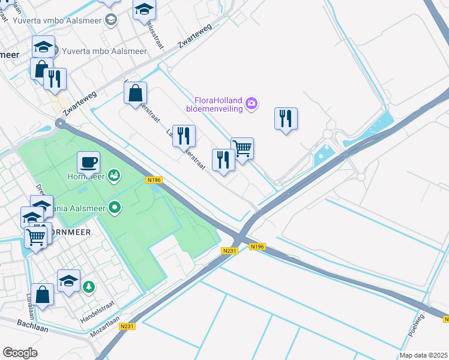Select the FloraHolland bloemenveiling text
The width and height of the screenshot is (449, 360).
[218, 104]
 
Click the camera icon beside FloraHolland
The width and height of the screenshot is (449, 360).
[252, 104]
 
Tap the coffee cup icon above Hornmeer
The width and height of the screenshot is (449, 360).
[88, 161]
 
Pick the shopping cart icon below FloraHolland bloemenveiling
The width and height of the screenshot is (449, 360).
[242, 148]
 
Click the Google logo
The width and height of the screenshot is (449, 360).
[20, 352]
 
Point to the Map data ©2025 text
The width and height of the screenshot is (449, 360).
[423, 355]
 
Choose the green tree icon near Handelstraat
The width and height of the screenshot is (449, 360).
[89, 287]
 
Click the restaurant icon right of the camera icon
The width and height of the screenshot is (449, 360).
[286, 118]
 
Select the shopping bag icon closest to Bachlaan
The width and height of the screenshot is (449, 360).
[42, 294]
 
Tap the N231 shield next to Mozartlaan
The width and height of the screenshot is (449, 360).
[126, 326]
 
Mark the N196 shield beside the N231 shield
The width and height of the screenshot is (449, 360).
[258, 247]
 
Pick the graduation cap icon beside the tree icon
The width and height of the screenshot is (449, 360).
[68, 280]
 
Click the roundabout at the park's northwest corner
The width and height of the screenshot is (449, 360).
[60, 124]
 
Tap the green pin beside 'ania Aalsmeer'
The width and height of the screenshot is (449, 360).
[115, 208]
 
